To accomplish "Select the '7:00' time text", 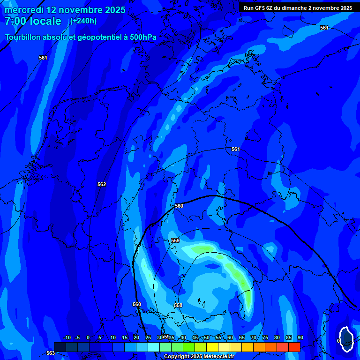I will point(15,21).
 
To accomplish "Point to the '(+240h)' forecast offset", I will point(83,21).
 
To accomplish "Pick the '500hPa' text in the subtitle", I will point(142,37).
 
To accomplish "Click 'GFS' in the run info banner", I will point(260,8).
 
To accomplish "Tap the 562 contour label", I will point(102,184).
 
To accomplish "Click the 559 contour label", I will point(175,240).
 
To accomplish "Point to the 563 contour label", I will point(50,353).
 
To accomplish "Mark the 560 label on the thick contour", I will point(179,206).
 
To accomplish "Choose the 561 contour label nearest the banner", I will point(324,28).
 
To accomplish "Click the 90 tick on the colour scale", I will point(300,338).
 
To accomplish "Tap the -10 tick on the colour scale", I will point(67,338).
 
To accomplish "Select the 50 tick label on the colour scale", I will point(207,338).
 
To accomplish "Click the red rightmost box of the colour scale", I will point(294,347).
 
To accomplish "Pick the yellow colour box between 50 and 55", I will point(212,347).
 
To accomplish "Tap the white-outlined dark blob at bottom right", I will point(346,338).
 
